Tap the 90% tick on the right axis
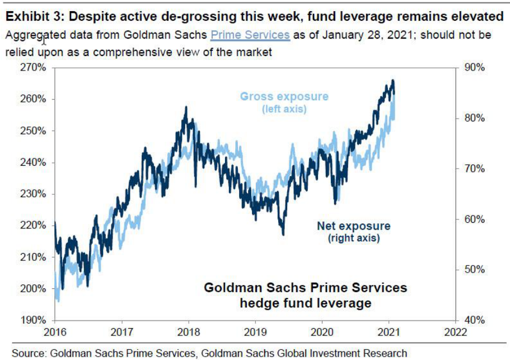473,68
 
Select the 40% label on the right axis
473,321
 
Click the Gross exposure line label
284,96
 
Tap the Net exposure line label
354,226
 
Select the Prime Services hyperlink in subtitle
250,35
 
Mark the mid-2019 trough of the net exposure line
283,234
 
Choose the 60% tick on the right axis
473,219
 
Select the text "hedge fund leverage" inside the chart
305,303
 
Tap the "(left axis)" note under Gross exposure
284,109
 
